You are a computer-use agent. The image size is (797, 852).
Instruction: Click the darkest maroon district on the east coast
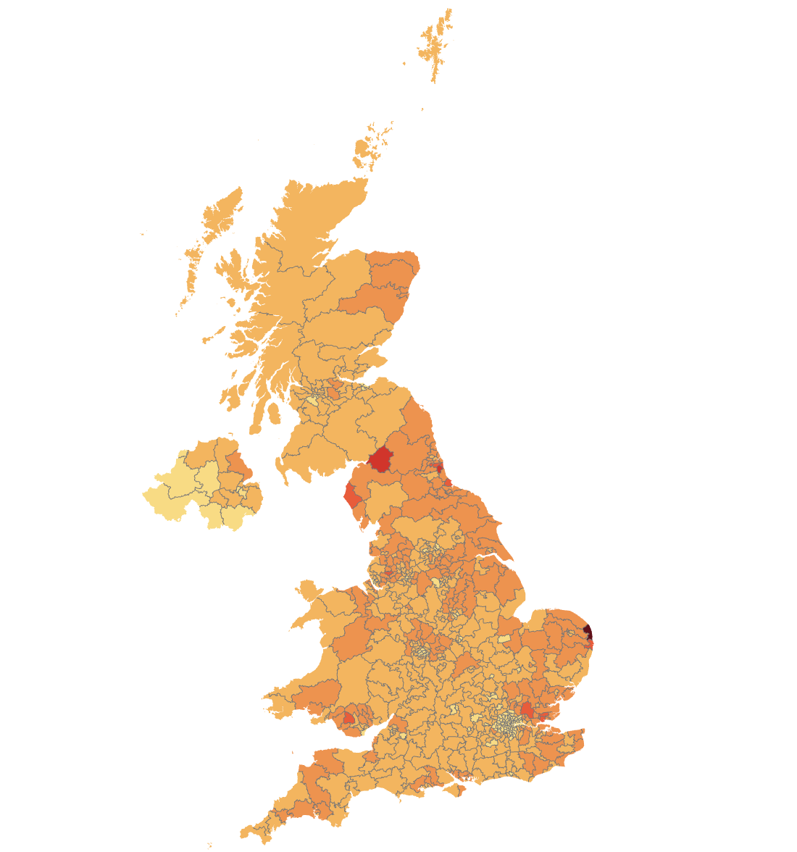pos(587,630)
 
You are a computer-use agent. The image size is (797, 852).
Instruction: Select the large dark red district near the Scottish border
pos(380,459)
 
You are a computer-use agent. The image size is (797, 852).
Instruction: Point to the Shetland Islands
pos(437,43)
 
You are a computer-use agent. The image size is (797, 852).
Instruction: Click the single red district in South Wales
pos(349,718)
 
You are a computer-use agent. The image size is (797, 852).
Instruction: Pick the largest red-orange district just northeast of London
pos(527,710)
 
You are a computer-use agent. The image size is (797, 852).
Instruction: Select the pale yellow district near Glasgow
pos(312,399)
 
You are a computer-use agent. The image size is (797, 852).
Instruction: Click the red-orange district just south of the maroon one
pos(591,643)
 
